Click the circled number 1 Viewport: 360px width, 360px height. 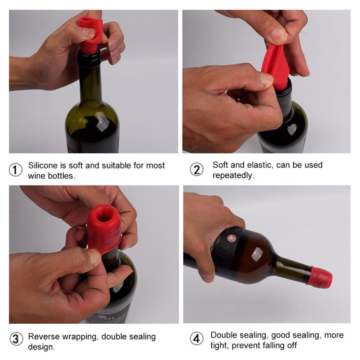pos(16,170)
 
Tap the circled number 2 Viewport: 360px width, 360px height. pos(197,169)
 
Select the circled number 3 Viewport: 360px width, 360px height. pos(16,339)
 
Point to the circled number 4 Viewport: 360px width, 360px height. pos(197,339)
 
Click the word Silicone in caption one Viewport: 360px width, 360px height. pos(43,165)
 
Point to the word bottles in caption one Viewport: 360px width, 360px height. pos(61,176)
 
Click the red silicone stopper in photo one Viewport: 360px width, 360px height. pos(90,35)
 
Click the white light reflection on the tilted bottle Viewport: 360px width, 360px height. pos(257,255)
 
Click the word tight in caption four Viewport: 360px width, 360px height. pos(219,345)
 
